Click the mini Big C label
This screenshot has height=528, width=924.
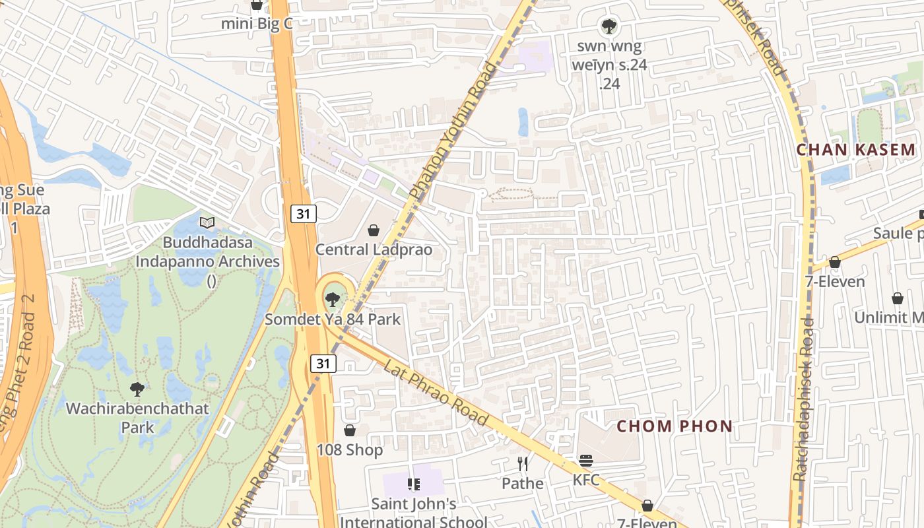tap(256, 24)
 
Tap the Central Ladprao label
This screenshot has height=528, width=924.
tap(374, 249)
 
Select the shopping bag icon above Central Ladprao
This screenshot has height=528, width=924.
tap(374, 230)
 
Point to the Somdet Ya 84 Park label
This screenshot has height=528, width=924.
tap(333, 319)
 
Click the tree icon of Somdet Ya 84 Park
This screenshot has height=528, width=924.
tap(333, 300)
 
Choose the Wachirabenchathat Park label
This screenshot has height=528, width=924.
tap(137, 417)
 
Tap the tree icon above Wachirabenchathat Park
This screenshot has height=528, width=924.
tap(137, 389)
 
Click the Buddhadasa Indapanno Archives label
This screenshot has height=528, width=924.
tap(207, 261)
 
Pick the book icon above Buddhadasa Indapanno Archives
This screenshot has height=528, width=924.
tap(207, 223)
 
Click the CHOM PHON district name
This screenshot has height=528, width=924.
tap(675, 426)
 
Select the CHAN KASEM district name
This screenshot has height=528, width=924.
tap(856, 150)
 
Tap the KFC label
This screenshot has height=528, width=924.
tap(586, 480)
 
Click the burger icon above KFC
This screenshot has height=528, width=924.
tap(586, 460)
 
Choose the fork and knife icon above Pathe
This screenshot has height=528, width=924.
tap(523, 464)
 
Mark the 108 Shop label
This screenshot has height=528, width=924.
tap(350, 450)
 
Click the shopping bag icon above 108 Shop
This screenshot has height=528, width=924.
tap(350, 430)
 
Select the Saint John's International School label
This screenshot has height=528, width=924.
tap(414, 513)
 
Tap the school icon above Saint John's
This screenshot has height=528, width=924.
tap(414, 485)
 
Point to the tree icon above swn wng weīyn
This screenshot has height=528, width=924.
tap(609, 26)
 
